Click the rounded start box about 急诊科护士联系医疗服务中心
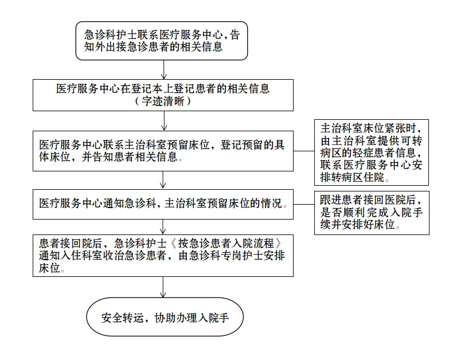[x=162, y=41]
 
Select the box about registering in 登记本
[x=163, y=95]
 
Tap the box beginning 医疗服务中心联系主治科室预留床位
[x=163, y=151]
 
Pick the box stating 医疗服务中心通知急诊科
[x=163, y=204]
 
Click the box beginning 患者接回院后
[x=163, y=256]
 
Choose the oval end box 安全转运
[x=165, y=316]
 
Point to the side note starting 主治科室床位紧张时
[x=371, y=152]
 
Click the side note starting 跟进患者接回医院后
[x=372, y=213]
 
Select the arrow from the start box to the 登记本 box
[x=164, y=69]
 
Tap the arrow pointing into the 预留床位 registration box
[x=164, y=121]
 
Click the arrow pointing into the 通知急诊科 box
[x=163, y=181]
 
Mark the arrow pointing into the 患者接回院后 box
[x=163, y=227]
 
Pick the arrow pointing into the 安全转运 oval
[x=163, y=287]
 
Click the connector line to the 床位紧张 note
[x=304, y=151]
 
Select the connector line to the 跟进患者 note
[x=304, y=204]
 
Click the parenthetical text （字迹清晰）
[x=163, y=101]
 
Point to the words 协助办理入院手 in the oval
[x=192, y=318]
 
